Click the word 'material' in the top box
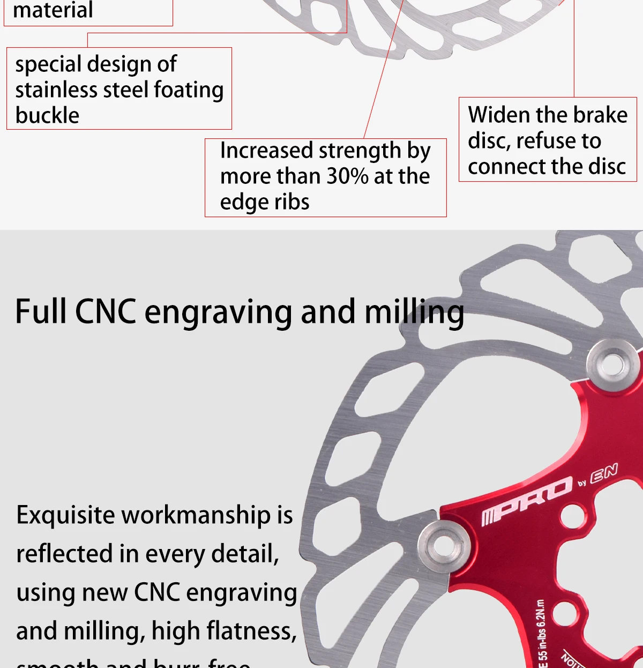tap(53, 10)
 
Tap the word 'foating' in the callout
tap(189, 90)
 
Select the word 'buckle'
tap(47, 115)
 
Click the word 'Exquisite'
tap(65, 515)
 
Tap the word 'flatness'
tap(251, 631)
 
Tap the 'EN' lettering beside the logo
tap(604, 472)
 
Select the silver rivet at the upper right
tap(612, 365)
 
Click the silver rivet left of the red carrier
tap(444, 546)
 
